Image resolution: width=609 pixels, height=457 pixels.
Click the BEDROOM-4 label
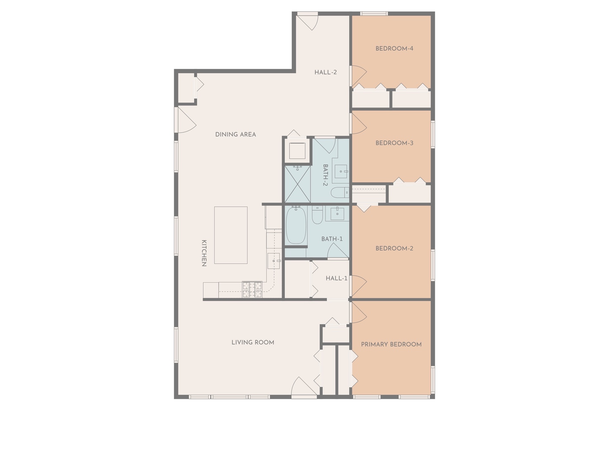point(394,49)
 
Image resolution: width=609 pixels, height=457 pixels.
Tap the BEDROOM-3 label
point(394,143)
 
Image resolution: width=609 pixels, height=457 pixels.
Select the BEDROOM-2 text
point(394,249)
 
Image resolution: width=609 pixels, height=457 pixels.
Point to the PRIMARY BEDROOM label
point(391,344)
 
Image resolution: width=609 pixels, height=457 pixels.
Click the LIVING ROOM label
point(253,343)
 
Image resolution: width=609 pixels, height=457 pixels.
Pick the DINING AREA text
point(236,135)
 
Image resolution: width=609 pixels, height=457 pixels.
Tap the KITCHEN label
point(204,253)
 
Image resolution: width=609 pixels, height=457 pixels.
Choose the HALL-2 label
point(326,72)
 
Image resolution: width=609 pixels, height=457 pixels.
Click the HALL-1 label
point(336,278)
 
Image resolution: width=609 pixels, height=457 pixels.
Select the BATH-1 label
point(332,239)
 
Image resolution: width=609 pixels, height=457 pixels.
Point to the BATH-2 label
point(326,175)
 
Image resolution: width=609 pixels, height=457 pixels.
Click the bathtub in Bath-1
point(296,225)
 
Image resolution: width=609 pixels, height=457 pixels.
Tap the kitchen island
point(231,235)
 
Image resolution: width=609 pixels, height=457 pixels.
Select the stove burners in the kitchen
point(252,290)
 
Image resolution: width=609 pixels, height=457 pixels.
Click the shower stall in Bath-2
point(297,184)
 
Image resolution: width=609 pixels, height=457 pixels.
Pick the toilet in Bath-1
point(318,215)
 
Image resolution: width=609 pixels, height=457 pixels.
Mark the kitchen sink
point(274,261)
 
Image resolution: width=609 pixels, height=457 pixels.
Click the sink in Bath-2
point(341,171)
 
